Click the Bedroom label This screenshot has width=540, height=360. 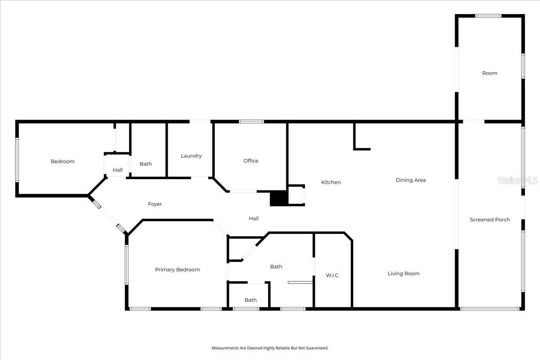[x=63, y=162]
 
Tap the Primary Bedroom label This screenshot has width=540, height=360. [x=177, y=270]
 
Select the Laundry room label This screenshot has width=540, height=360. [x=191, y=156]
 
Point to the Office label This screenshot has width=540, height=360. [x=251, y=161]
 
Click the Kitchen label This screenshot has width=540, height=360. [x=331, y=182]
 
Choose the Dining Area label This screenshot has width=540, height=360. [x=410, y=180]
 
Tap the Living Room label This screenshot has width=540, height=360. [x=404, y=274]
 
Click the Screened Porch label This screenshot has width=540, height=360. [x=490, y=220]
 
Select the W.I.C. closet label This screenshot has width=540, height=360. [x=333, y=275]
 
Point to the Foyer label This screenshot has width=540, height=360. [x=155, y=204]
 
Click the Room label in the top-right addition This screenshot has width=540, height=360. [x=490, y=73]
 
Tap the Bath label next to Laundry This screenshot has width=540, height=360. [x=145, y=164]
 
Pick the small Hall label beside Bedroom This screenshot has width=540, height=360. [x=117, y=170]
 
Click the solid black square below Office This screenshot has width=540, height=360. [x=279, y=198]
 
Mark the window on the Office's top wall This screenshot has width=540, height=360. [x=251, y=121]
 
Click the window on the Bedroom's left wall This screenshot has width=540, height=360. [x=17, y=160]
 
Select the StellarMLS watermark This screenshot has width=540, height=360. [x=517, y=180]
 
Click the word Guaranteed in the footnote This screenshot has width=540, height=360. [x=318, y=348]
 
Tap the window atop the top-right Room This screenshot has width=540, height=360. [x=488, y=16]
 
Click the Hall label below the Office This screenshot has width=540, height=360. [x=254, y=219]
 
